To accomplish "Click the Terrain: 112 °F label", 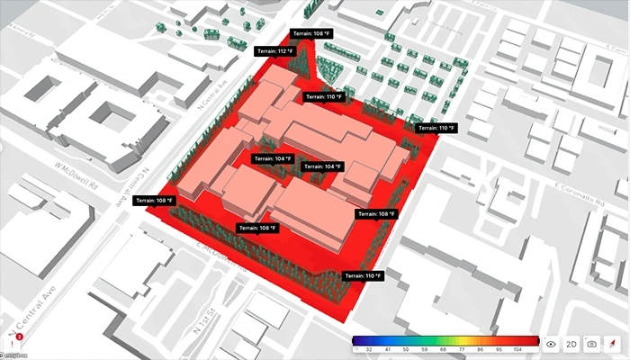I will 274,52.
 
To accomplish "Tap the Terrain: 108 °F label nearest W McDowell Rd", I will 154,200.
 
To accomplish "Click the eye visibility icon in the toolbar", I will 551,344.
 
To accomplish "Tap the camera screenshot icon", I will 591,344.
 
